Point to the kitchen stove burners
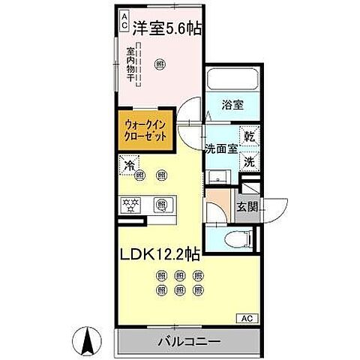pos(133,204)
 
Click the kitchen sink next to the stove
pos(160,204)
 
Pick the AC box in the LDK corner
pos(247,318)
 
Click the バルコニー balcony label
pos(188,341)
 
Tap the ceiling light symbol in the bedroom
pos(159,65)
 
